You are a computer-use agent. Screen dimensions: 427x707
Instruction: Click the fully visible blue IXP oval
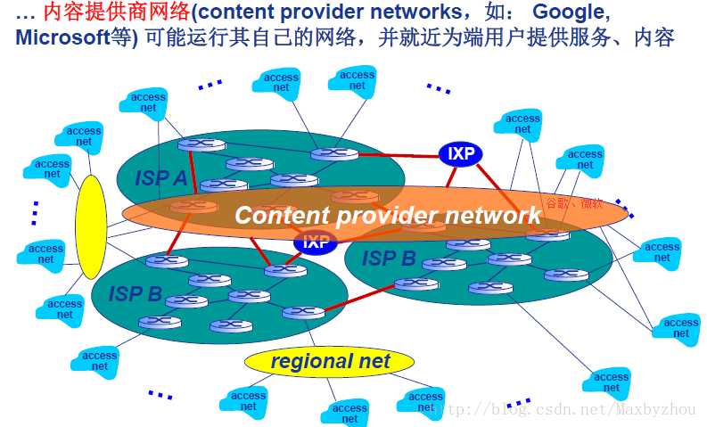click(460, 153)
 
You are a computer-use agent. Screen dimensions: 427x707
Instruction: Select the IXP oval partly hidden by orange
click(315, 242)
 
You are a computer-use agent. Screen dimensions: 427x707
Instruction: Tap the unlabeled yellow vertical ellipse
click(91, 227)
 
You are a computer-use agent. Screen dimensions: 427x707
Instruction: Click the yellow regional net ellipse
click(330, 361)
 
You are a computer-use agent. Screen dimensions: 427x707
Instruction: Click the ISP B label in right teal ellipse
click(389, 259)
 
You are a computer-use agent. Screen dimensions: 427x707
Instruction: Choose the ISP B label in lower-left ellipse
click(136, 294)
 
